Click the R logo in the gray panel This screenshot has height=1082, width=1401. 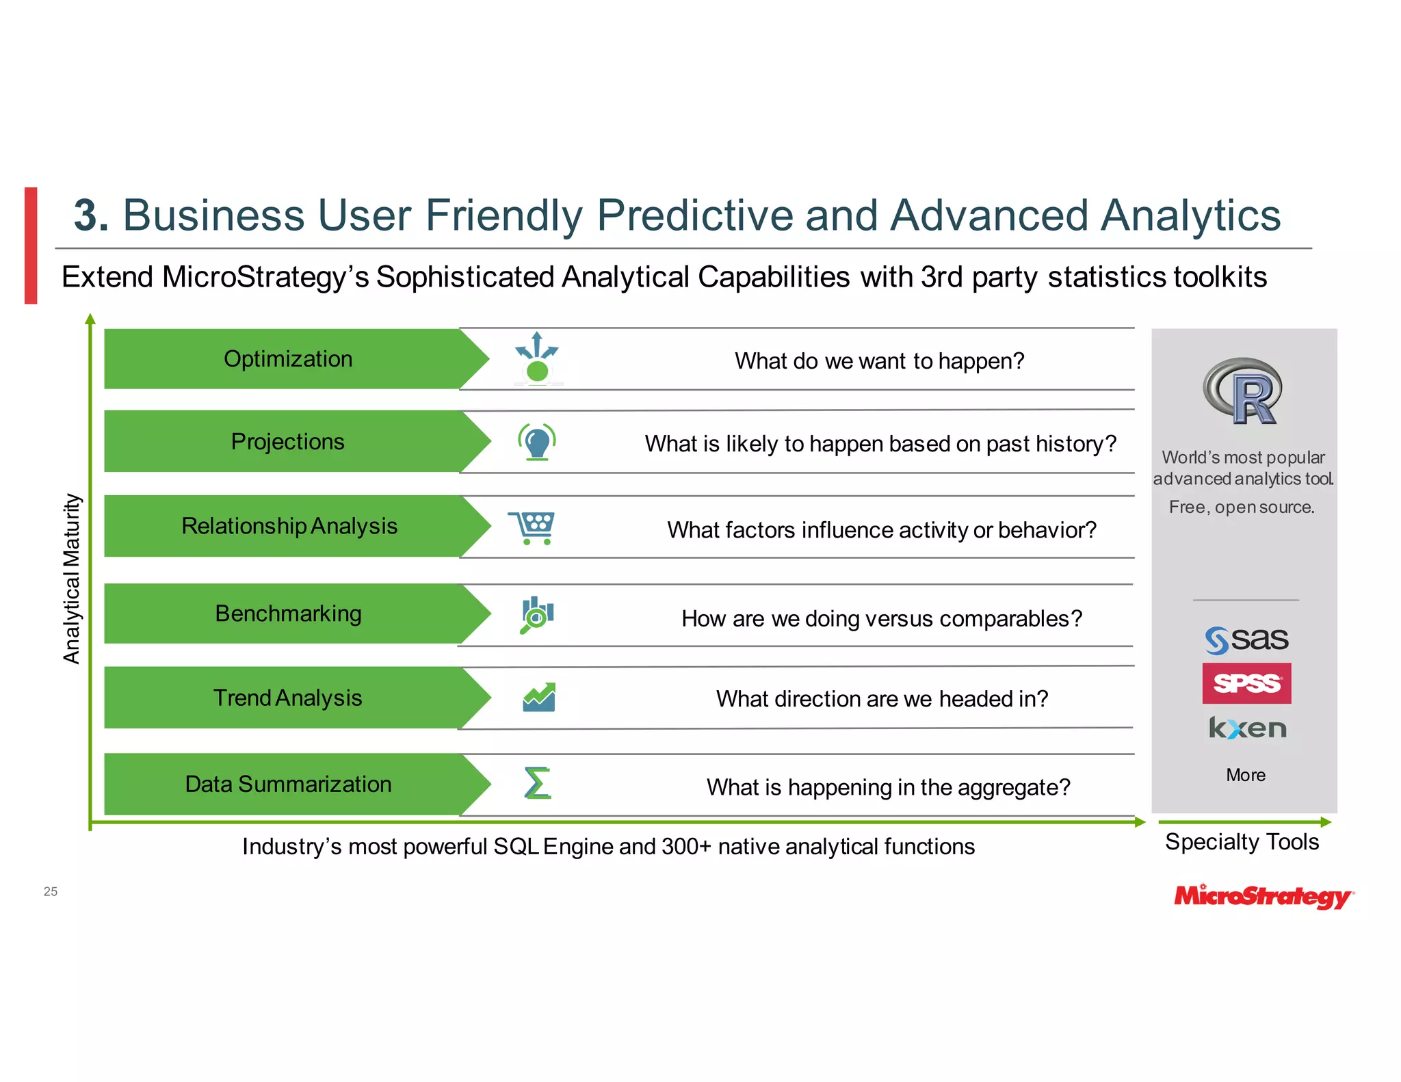[x=1242, y=391]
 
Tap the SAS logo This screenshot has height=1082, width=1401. [x=1246, y=640]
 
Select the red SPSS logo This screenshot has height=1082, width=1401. [x=1246, y=683]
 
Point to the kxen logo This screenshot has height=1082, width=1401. [x=1247, y=728]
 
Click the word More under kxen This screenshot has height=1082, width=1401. [x=1245, y=775]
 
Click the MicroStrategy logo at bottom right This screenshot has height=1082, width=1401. [x=1263, y=896]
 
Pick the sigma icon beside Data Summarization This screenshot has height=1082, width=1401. [x=537, y=783]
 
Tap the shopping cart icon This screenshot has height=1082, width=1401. [x=532, y=527]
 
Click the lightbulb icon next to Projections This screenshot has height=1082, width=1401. [x=537, y=442]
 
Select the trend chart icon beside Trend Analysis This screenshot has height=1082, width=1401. [x=539, y=698]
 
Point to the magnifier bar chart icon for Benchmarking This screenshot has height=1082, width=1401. [x=537, y=614]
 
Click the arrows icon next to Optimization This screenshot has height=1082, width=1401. [x=537, y=357]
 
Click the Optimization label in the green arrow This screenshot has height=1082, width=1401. [x=288, y=359]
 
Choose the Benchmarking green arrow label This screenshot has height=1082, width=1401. [x=288, y=613]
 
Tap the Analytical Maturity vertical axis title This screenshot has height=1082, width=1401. [x=72, y=579]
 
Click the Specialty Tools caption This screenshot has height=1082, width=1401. [x=1242, y=842]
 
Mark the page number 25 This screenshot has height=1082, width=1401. [x=51, y=891]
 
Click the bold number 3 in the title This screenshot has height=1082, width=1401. [x=90, y=215]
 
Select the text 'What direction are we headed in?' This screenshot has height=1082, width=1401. [x=882, y=699]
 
